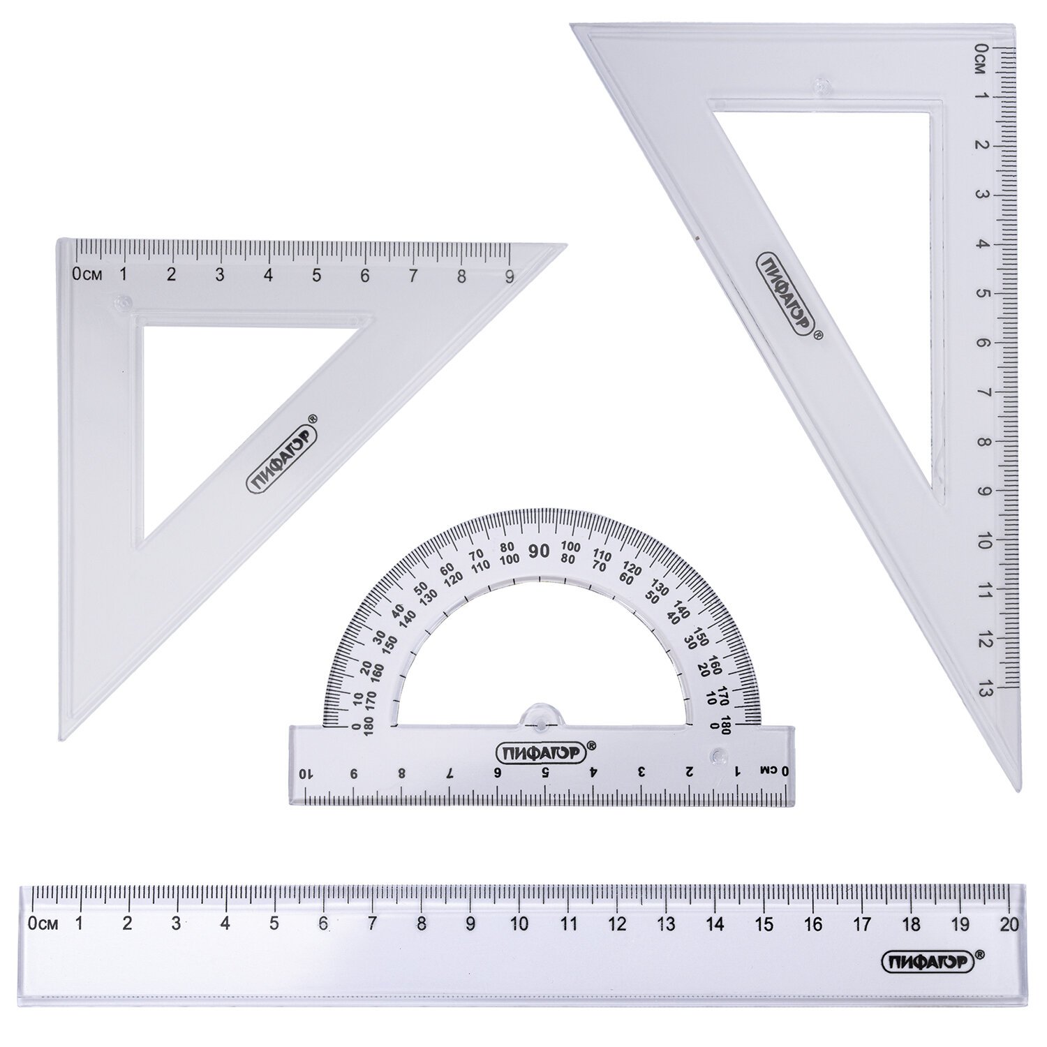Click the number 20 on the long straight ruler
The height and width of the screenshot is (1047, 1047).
(x=1009, y=924)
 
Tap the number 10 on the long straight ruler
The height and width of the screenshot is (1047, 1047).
(x=519, y=924)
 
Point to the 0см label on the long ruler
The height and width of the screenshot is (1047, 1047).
(x=42, y=924)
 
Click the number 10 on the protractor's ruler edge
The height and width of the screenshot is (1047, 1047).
(x=304, y=773)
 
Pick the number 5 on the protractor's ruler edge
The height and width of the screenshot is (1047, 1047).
(x=545, y=773)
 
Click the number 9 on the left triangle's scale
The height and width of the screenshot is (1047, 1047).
(x=510, y=275)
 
